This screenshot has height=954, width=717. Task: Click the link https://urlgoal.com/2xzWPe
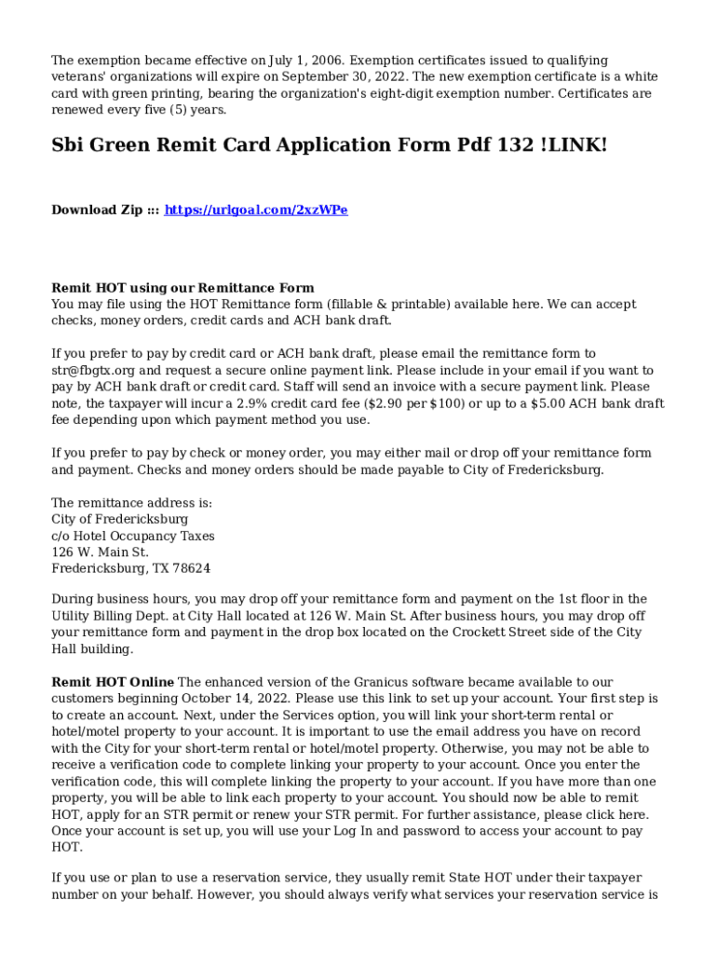click(256, 211)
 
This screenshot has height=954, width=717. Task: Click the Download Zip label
click(97, 211)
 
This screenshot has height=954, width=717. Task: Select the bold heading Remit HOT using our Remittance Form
click(183, 288)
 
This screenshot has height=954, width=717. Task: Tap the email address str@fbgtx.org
click(96, 370)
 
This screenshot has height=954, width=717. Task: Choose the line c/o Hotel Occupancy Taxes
click(133, 536)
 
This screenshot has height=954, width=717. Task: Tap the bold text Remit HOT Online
click(113, 683)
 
